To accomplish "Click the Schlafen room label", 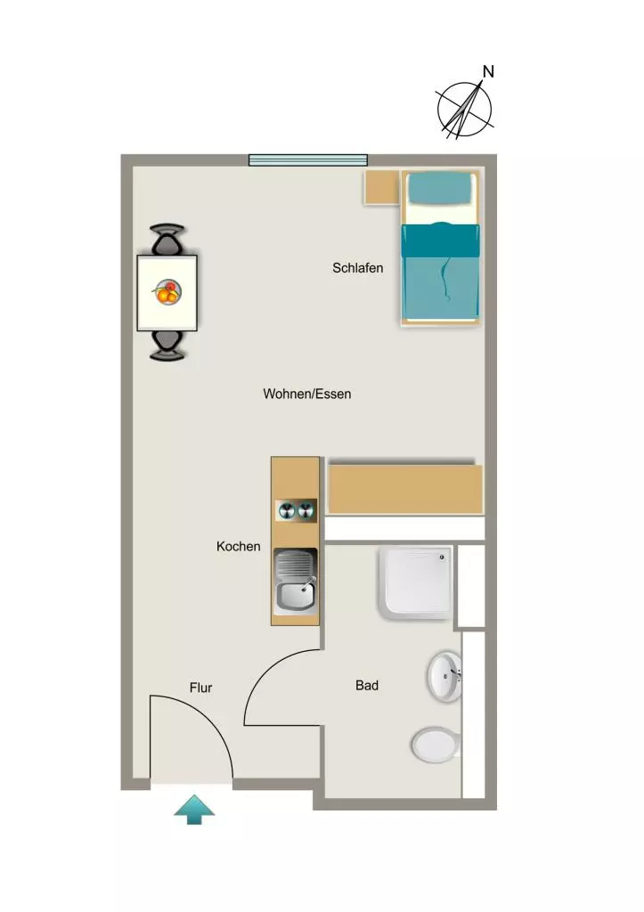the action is (357, 268).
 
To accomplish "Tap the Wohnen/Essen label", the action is (306, 394).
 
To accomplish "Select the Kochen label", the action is (238, 546).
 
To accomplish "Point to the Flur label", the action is (200, 688).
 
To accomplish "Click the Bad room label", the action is (366, 685).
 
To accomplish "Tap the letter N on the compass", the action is (488, 71).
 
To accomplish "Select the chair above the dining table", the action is (167, 239).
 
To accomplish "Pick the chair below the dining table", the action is (167, 346).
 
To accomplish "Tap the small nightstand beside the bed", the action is (382, 187).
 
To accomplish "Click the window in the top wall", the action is (308, 160).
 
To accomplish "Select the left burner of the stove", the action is (287, 510).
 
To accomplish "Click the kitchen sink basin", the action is (295, 595).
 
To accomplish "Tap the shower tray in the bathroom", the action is (416, 582).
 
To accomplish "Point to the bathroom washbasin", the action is (445, 677).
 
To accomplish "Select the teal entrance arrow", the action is (194, 809).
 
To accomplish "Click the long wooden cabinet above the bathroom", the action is (405, 489).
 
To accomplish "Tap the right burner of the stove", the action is (306, 510).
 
